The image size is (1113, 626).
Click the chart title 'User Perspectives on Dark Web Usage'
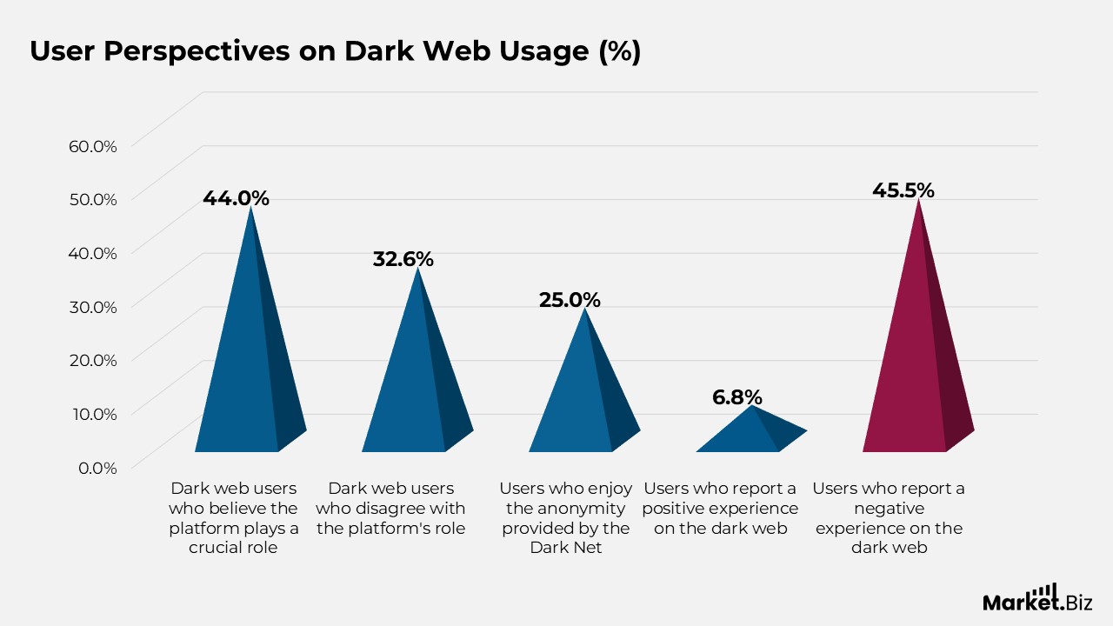[335, 51]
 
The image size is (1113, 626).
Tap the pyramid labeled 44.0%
[248, 365]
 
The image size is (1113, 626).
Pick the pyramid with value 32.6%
[415, 383]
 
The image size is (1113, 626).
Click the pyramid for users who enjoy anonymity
[582, 400]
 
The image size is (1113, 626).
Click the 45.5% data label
[903, 190]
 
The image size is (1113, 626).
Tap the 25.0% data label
[570, 300]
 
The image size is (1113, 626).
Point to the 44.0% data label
[236, 198]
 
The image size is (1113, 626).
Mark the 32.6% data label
[403, 259]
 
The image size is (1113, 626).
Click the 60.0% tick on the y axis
[92, 146]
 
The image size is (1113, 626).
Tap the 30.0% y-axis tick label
[92, 307]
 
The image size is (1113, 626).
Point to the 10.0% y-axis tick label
[93, 414]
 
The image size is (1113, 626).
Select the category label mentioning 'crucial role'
[233, 518]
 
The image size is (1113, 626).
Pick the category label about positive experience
[720, 509]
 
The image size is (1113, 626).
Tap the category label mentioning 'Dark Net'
[565, 518]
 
